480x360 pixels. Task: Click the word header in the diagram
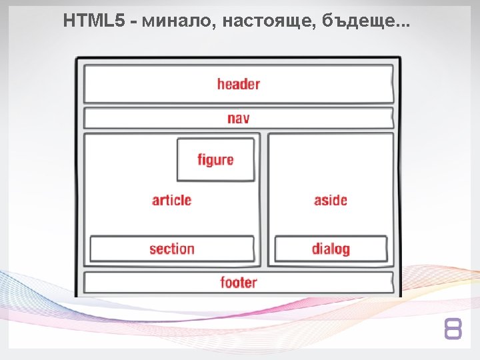click(x=238, y=84)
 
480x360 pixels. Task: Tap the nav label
click(x=238, y=119)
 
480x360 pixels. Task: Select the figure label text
click(x=215, y=160)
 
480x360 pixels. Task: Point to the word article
click(x=171, y=200)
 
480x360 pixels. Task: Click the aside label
click(x=331, y=200)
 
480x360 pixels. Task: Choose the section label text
click(x=172, y=249)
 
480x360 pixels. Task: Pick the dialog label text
click(x=331, y=249)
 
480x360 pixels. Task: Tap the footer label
click(x=238, y=283)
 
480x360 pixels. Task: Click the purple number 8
click(x=453, y=329)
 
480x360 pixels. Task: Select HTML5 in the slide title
click(x=93, y=22)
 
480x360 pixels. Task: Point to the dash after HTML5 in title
click(x=134, y=23)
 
